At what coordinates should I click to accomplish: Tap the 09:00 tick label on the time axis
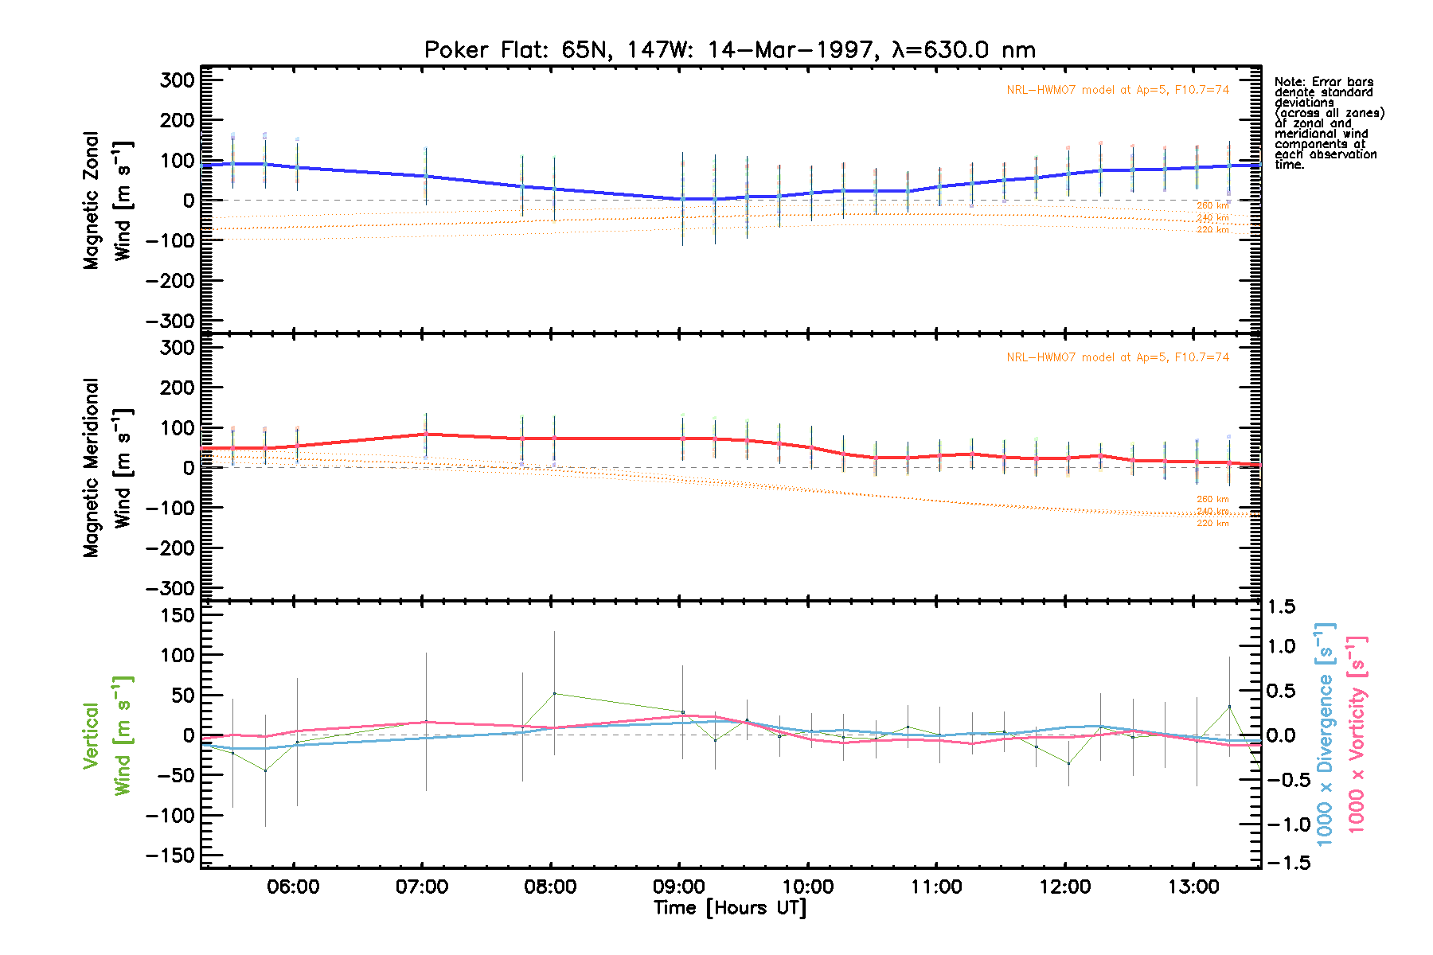[x=679, y=887]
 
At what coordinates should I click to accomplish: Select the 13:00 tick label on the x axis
[x=1193, y=887]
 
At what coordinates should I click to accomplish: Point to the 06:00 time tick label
[x=294, y=887]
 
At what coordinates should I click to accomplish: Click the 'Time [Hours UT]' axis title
[x=729, y=908]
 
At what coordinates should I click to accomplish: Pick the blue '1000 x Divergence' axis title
[x=1325, y=734]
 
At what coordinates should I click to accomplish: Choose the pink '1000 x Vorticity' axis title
[x=1357, y=734]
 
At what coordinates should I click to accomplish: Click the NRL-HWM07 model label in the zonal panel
[x=1118, y=90]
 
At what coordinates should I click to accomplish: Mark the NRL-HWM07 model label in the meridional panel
[x=1118, y=357]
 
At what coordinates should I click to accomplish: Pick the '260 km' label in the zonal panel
[x=1212, y=206]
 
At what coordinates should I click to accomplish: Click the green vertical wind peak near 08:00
[x=554, y=693]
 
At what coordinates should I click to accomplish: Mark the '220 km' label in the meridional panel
[x=1212, y=523]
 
